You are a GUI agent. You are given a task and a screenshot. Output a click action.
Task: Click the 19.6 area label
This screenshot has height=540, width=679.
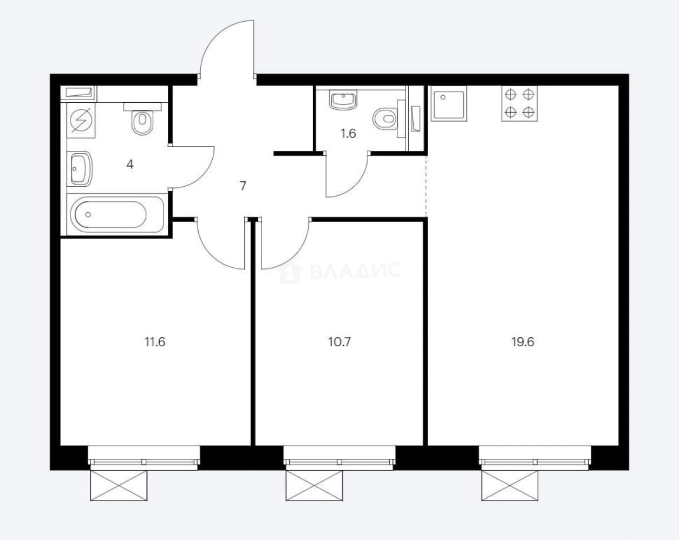tap(523, 342)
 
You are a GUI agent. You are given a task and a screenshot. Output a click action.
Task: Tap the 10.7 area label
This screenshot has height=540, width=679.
tap(339, 342)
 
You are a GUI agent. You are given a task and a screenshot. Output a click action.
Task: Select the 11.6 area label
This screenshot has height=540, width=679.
tap(155, 342)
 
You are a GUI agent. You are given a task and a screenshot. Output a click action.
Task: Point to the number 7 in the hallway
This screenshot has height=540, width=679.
tap(243, 186)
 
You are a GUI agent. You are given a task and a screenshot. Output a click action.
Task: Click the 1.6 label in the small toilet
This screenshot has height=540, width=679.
tap(348, 134)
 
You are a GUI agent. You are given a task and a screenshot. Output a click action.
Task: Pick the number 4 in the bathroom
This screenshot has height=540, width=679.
tap(129, 164)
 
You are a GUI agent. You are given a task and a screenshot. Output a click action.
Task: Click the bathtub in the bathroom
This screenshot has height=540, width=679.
tap(117, 214)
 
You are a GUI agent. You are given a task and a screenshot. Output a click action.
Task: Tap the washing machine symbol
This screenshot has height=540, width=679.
tap(81, 120)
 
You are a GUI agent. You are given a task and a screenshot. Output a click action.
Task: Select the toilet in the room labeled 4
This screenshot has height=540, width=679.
tap(142, 118)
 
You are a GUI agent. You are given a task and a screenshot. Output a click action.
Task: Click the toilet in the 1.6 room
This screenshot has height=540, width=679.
tap(385, 118)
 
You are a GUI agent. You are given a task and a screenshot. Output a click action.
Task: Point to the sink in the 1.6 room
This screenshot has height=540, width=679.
tap(343, 100)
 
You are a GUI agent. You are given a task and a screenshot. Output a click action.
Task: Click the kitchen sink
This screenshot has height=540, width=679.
tap(449, 104)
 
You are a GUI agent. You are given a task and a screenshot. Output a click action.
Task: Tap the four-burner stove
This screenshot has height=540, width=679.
tap(519, 103)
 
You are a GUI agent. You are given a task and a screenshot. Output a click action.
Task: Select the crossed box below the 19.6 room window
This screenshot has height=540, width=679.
tap(510, 486)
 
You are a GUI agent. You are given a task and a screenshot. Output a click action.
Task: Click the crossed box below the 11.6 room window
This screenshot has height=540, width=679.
tap(119, 486)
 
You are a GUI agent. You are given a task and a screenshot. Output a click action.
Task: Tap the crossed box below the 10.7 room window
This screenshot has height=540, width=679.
tap(314, 486)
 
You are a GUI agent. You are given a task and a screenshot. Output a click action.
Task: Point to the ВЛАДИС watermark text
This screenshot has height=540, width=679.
tap(356, 271)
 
